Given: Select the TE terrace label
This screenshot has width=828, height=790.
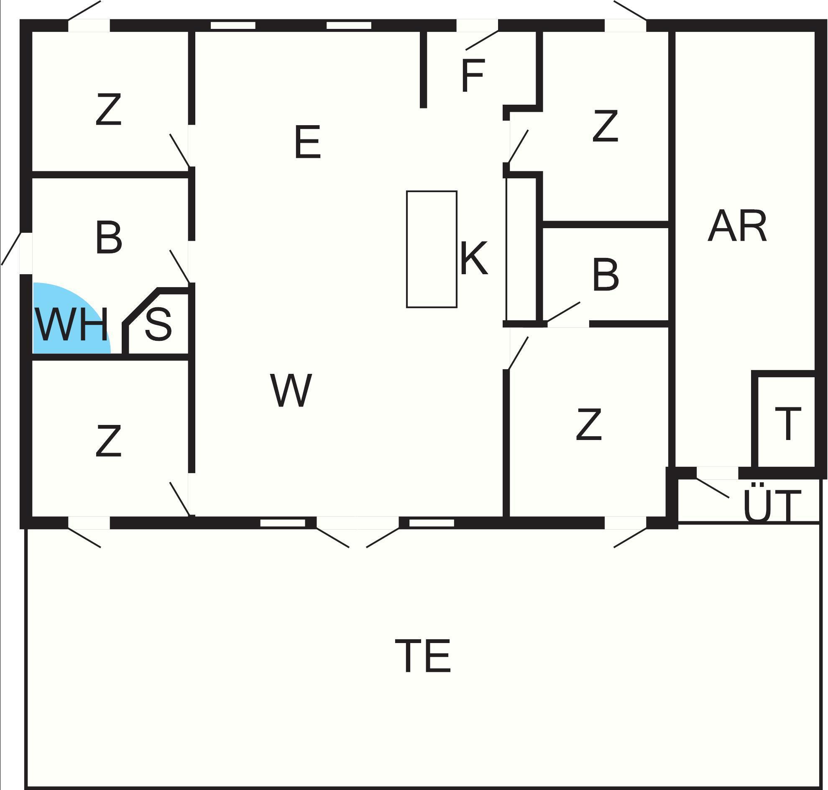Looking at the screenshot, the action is click(x=423, y=656).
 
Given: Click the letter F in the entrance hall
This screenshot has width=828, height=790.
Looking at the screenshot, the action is click(x=473, y=75).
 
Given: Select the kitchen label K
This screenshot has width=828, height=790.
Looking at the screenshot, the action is click(x=474, y=257).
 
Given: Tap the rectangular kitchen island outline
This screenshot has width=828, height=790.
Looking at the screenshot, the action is click(x=431, y=249).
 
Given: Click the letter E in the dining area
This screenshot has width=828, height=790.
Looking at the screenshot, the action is click(x=307, y=142).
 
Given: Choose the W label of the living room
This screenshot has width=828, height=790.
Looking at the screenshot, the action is click(x=291, y=390).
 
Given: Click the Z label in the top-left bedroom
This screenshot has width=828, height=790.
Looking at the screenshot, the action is click(x=109, y=109).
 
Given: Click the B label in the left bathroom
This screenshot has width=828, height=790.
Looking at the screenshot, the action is click(x=109, y=237).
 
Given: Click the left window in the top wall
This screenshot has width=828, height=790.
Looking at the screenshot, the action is click(x=233, y=25).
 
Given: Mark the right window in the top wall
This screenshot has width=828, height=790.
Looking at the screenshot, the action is click(x=349, y=25).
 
